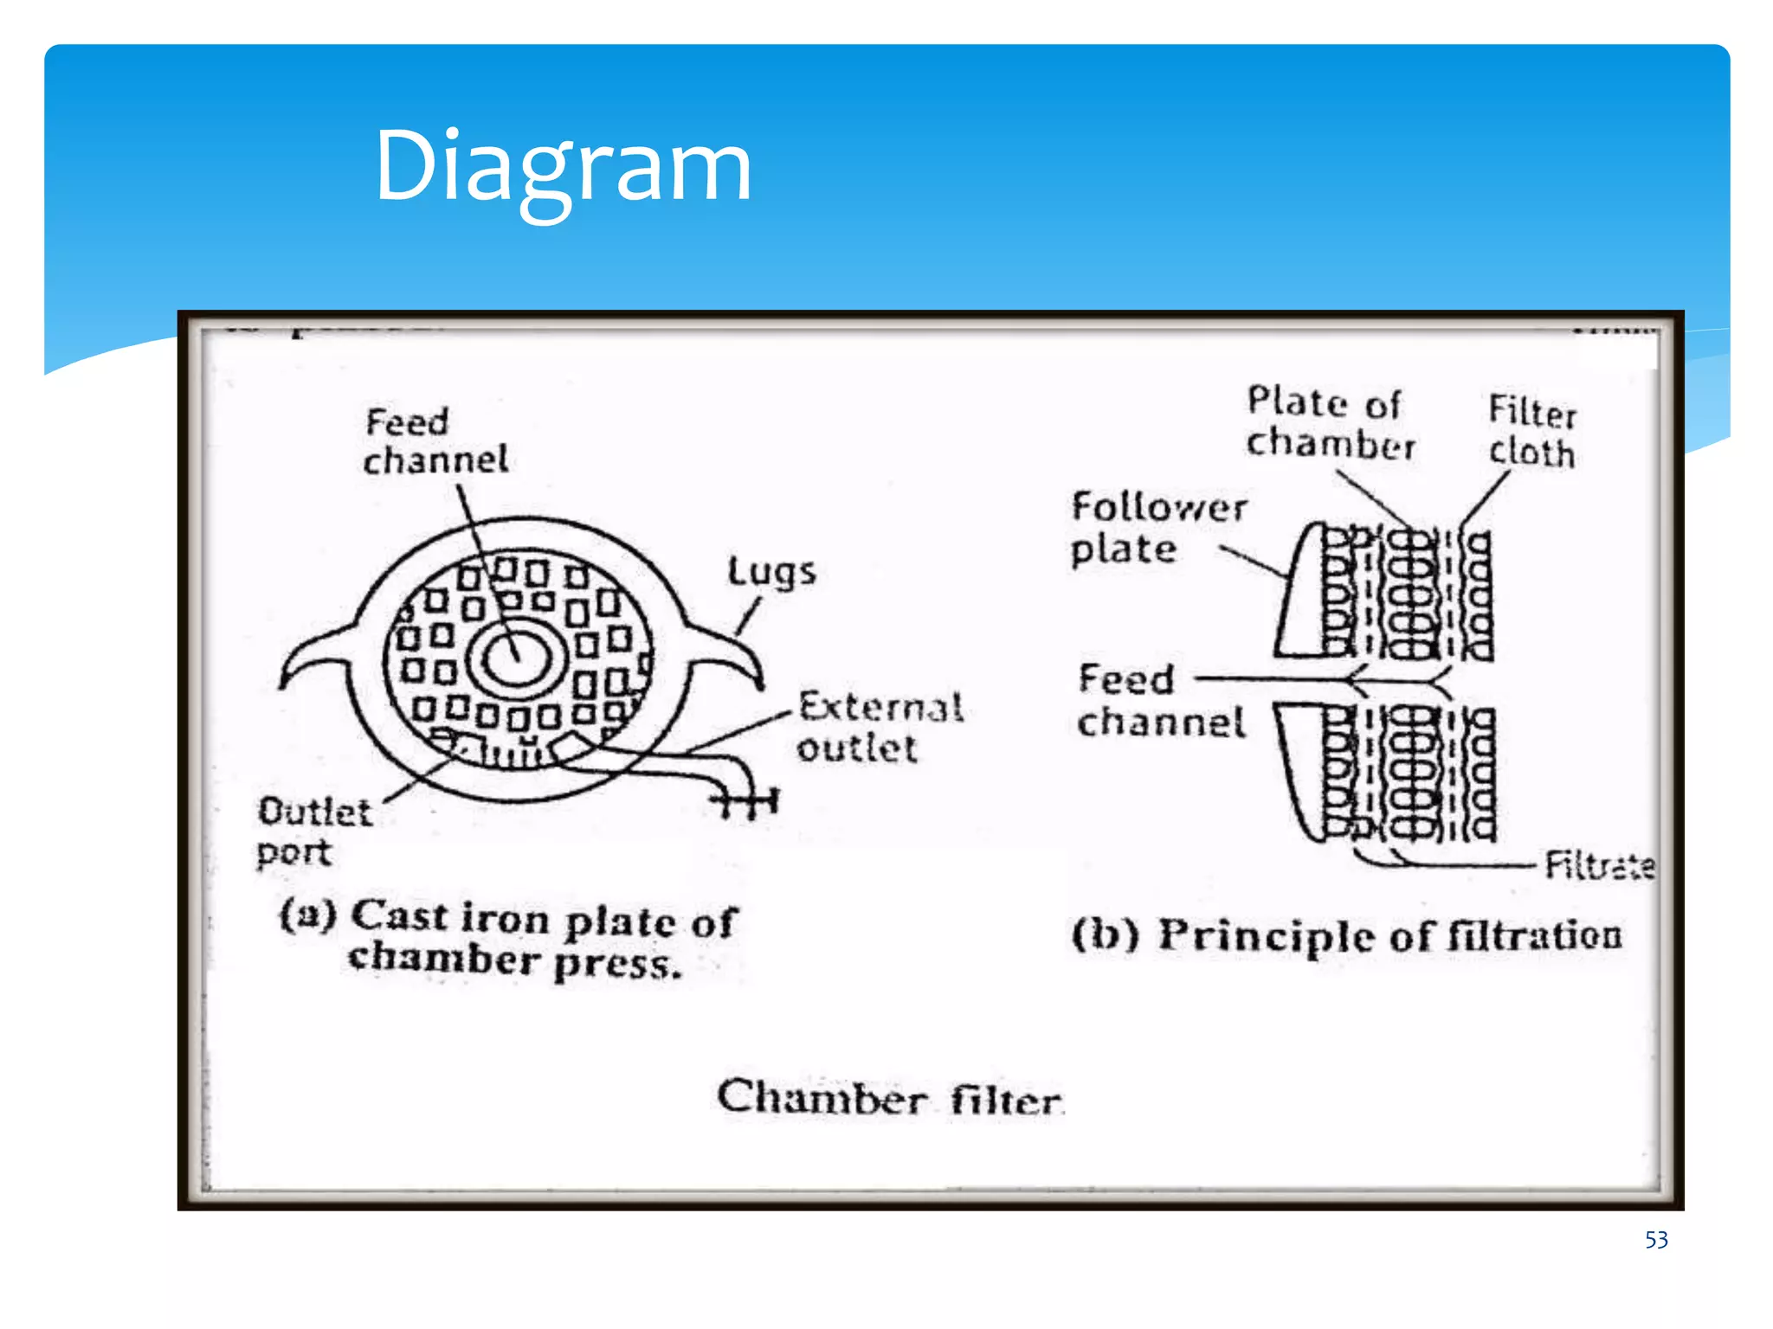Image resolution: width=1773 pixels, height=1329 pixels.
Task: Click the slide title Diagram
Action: click(563, 166)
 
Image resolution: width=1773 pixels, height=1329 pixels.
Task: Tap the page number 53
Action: click(1655, 1240)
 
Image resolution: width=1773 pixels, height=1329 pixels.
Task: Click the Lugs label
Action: click(771, 572)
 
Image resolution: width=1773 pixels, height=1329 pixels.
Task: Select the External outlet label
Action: click(880, 728)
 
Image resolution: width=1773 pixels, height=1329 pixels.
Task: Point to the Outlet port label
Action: click(313, 831)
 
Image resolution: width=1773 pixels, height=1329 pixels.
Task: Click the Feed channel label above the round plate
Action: click(435, 441)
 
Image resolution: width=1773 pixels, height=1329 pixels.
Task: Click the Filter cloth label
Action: click(1531, 432)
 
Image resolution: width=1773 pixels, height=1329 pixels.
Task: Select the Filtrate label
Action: click(1599, 864)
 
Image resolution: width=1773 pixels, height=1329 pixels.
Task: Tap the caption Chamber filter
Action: click(890, 1099)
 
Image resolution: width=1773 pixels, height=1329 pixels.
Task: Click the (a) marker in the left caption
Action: click(307, 914)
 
